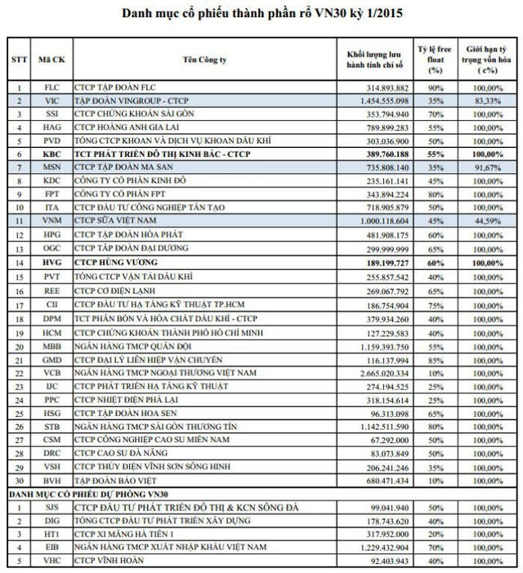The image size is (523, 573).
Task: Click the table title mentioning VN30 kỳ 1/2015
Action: point(261,14)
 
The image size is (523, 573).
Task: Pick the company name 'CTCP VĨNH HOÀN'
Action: point(110,561)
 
